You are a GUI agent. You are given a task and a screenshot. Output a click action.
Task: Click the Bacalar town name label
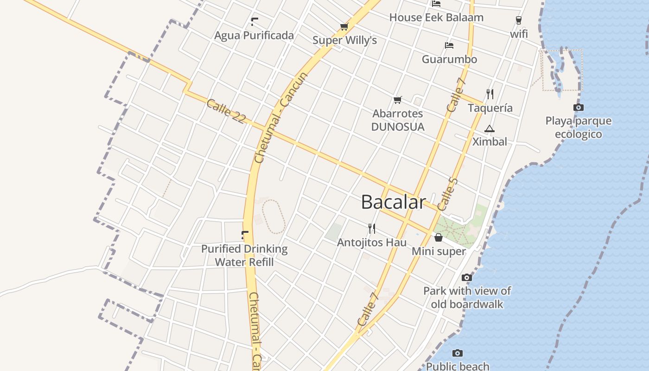(x=393, y=202)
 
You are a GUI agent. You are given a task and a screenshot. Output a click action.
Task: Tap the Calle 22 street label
(x=226, y=111)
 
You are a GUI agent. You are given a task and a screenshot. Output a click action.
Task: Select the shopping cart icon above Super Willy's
(x=344, y=26)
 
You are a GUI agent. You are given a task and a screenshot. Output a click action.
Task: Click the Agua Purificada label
(x=254, y=35)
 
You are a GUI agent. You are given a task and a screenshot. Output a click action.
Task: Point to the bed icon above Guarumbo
(x=449, y=45)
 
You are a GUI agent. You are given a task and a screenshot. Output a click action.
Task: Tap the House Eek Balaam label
(x=436, y=18)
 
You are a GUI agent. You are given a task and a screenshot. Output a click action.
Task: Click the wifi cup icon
(x=519, y=20)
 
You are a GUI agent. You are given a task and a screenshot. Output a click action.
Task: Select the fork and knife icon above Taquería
(x=490, y=94)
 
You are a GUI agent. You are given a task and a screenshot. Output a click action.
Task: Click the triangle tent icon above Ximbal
(x=490, y=128)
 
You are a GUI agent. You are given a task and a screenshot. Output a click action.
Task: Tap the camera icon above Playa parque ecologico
(x=579, y=108)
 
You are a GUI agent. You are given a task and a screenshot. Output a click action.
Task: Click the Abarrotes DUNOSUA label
(x=398, y=120)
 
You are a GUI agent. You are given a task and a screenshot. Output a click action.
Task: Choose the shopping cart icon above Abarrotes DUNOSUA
(x=397, y=100)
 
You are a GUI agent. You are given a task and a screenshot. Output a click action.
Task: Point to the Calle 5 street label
(x=447, y=193)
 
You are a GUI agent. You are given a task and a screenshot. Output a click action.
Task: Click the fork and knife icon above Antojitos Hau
(x=371, y=228)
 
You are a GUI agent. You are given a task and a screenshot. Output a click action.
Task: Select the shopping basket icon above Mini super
(x=439, y=237)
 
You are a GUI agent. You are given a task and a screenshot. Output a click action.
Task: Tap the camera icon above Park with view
(x=467, y=277)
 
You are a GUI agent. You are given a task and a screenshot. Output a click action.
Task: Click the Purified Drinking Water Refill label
(x=244, y=255)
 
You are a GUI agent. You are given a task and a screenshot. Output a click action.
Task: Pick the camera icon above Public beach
(x=458, y=353)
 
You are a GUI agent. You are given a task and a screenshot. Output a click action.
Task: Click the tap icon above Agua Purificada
(x=254, y=21)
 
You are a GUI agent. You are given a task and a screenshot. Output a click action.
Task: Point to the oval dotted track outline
(x=273, y=217)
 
